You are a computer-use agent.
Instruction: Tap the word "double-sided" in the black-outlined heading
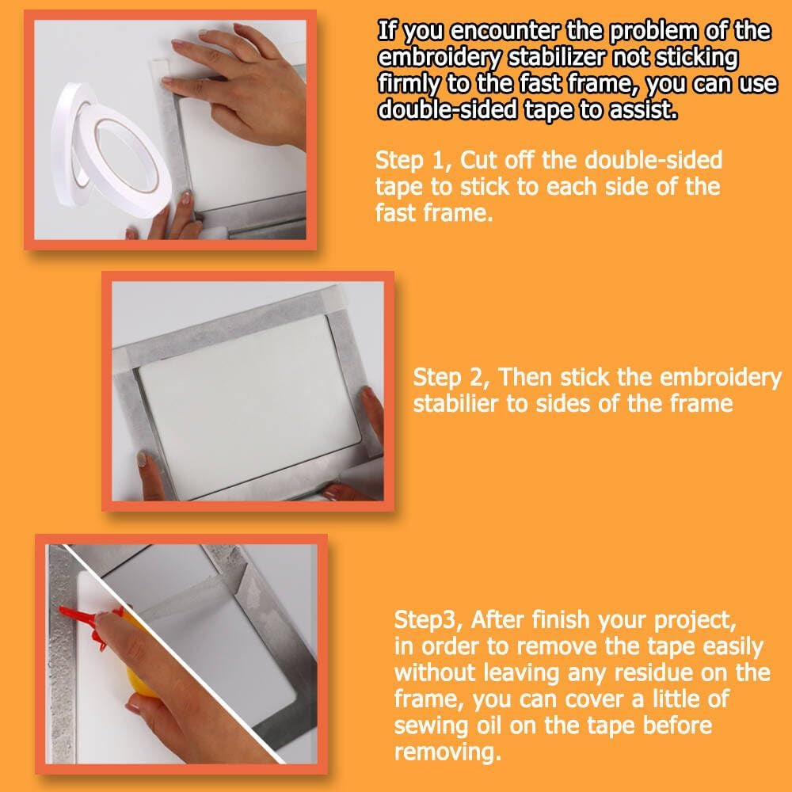447,109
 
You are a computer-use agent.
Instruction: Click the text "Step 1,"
414,161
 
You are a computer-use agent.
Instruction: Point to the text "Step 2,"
451,377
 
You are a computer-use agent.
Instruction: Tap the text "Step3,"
428,620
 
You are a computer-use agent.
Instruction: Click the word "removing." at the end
447,752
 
